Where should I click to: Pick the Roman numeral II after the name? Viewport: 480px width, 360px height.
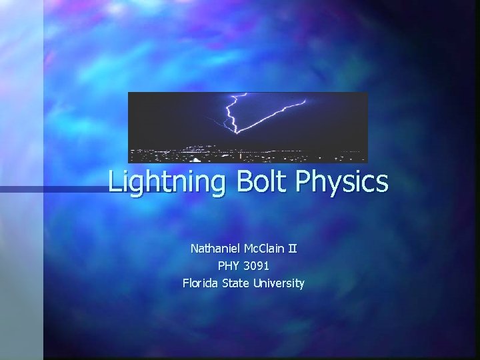click(x=293, y=249)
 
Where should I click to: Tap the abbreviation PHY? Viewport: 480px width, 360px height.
click(x=229, y=266)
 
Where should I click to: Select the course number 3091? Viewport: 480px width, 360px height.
click(x=257, y=266)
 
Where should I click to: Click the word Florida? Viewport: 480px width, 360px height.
click(x=203, y=283)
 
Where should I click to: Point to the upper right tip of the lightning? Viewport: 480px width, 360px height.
click(x=305, y=101)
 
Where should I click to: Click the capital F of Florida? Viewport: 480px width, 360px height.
click(x=186, y=283)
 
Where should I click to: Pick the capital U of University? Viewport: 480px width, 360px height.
click(x=257, y=283)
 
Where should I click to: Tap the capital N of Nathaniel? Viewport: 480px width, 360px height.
click(x=195, y=249)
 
